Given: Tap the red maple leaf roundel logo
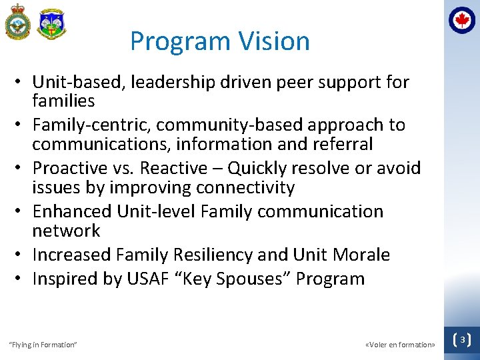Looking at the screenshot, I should point(461,20).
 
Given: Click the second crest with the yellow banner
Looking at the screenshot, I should point(51,24).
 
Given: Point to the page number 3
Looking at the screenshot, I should point(461,340).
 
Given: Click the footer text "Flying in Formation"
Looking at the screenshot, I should point(43,345).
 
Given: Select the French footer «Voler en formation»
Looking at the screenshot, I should point(400,345).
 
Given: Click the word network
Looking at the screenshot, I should point(66,231).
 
